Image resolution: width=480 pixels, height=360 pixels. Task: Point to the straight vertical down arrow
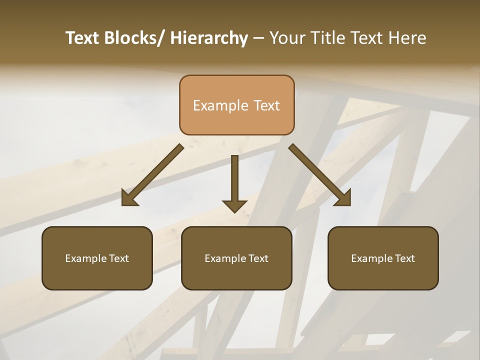[x=234, y=180]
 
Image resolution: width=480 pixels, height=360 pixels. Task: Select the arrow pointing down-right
[x=320, y=175]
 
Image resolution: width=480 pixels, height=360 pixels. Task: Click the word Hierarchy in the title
[x=209, y=38]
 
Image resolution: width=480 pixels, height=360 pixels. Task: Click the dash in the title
[x=258, y=38]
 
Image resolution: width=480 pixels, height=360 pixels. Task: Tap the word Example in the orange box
[x=220, y=105]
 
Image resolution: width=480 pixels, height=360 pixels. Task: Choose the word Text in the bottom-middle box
[x=257, y=258]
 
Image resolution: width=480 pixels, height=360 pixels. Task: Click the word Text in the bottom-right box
[x=403, y=258]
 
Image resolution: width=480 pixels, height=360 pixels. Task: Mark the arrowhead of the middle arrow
[x=234, y=205]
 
